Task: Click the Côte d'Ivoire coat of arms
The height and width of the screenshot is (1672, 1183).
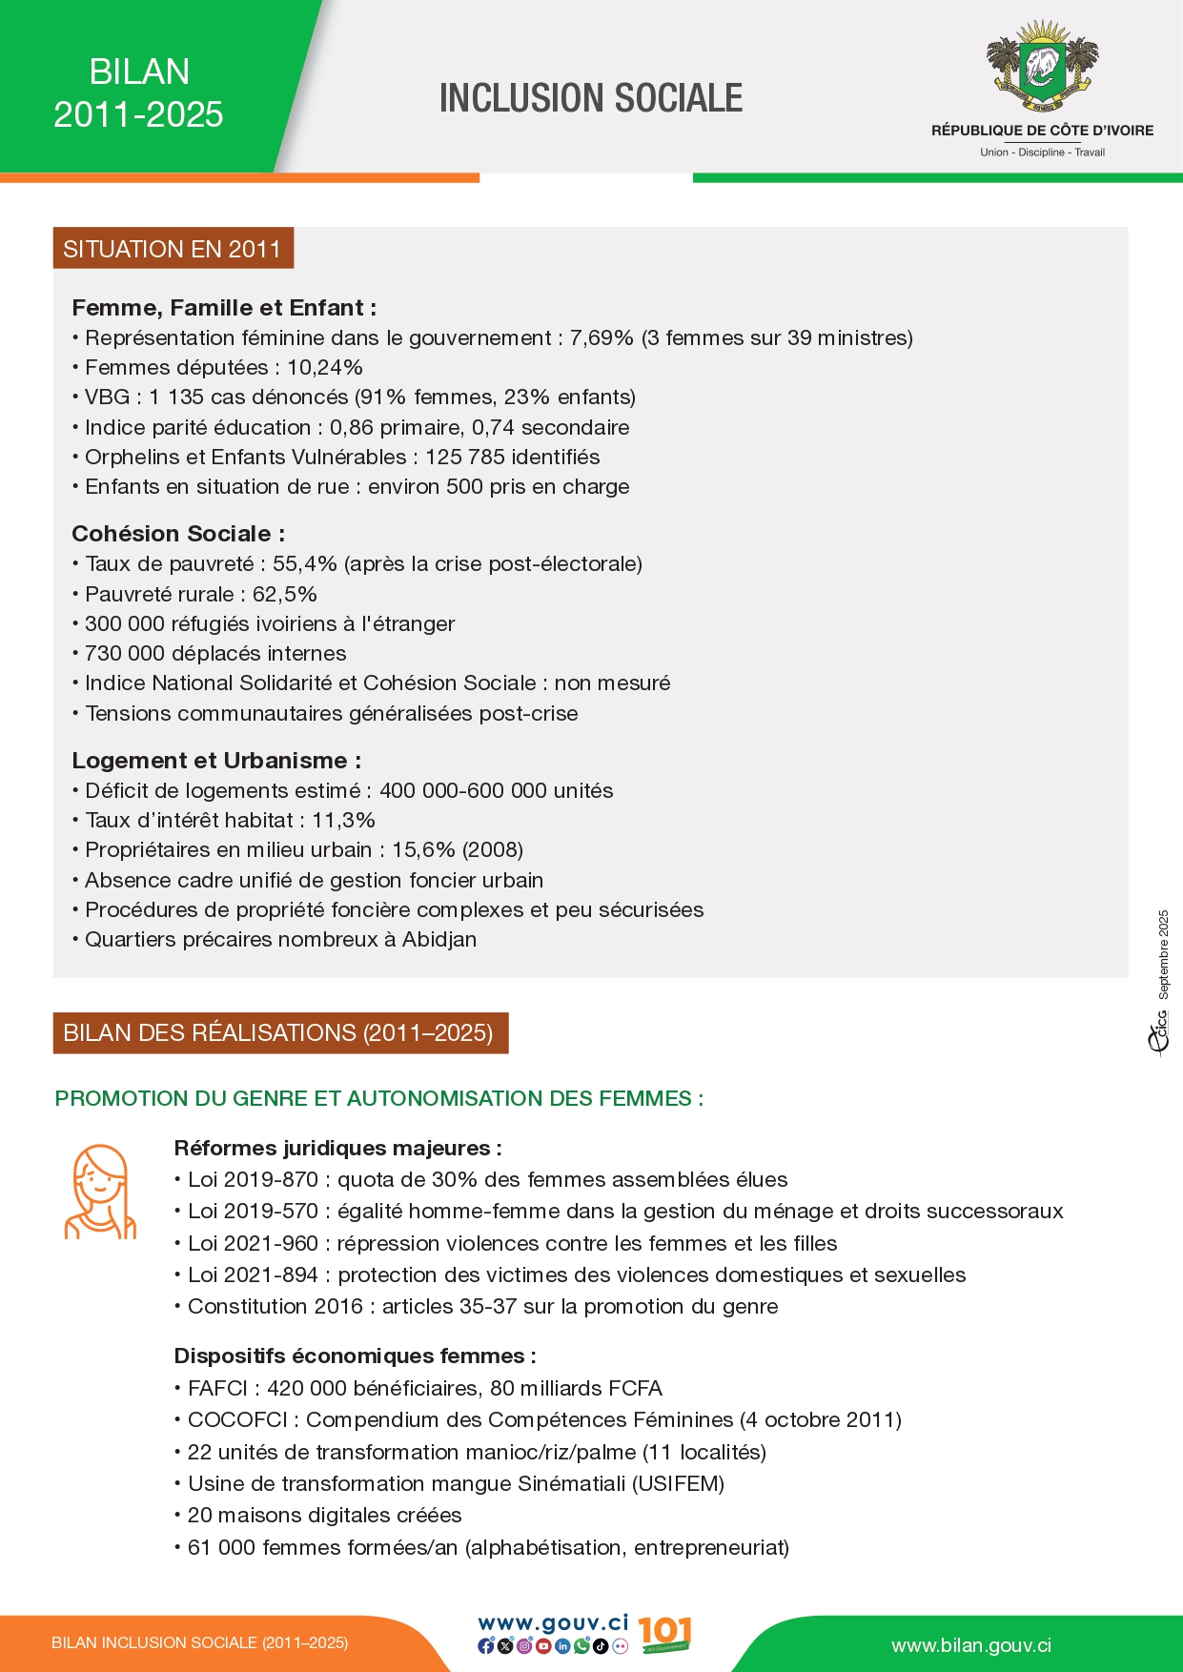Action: click(1042, 64)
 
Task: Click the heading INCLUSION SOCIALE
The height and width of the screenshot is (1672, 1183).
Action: click(590, 98)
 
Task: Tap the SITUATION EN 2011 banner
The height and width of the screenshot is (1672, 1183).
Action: click(173, 249)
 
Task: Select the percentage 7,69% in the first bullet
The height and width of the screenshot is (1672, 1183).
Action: click(602, 337)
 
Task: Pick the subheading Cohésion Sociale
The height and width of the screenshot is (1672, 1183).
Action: click(177, 534)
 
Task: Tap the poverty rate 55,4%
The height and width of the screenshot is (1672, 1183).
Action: click(304, 563)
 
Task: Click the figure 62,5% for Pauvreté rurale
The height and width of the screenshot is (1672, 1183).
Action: click(284, 594)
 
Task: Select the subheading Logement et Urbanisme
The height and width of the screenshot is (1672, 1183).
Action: click(215, 761)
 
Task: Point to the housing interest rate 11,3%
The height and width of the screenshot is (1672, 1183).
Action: click(343, 820)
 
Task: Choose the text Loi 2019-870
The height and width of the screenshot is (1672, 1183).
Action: click(253, 1179)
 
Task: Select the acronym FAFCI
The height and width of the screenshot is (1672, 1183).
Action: click(217, 1388)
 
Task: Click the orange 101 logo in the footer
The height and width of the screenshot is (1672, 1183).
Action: click(663, 1634)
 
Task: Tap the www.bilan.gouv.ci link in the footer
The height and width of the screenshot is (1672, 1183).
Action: click(970, 1645)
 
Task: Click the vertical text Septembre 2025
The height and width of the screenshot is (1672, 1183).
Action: click(1163, 954)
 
